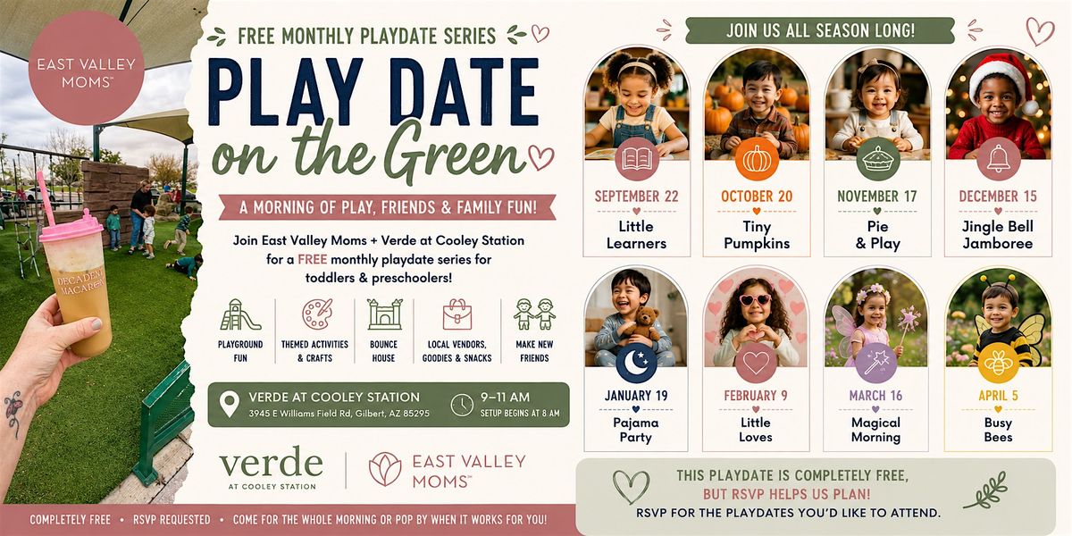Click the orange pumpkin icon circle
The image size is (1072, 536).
pyautogui.click(x=757, y=159)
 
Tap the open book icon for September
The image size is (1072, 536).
pyautogui.click(x=636, y=159)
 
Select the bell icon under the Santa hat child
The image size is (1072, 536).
pyautogui.click(x=999, y=159)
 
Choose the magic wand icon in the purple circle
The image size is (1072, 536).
pyautogui.click(x=876, y=363)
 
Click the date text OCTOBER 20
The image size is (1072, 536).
pyautogui.click(x=757, y=197)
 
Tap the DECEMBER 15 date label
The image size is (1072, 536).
pyautogui.click(x=998, y=197)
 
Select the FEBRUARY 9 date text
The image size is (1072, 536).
pyautogui.click(x=756, y=396)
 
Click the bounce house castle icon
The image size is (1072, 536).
pyautogui.click(x=384, y=314)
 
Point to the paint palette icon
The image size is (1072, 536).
pyautogui.click(x=316, y=314)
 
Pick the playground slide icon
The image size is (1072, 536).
pyautogui.click(x=239, y=314)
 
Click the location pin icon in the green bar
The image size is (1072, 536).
pyautogui.click(x=230, y=405)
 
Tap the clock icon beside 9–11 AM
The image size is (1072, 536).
pyautogui.click(x=462, y=405)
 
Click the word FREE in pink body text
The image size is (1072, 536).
pyautogui.click(x=313, y=259)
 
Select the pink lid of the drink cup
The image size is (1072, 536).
pyautogui.click(x=71, y=230)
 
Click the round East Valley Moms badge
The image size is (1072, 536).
pyautogui.click(x=86, y=68)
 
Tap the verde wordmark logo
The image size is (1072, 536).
pyautogui.click(x=272, y=463)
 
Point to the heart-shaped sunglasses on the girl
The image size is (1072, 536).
pyautogui.click(x=755, y=300)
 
